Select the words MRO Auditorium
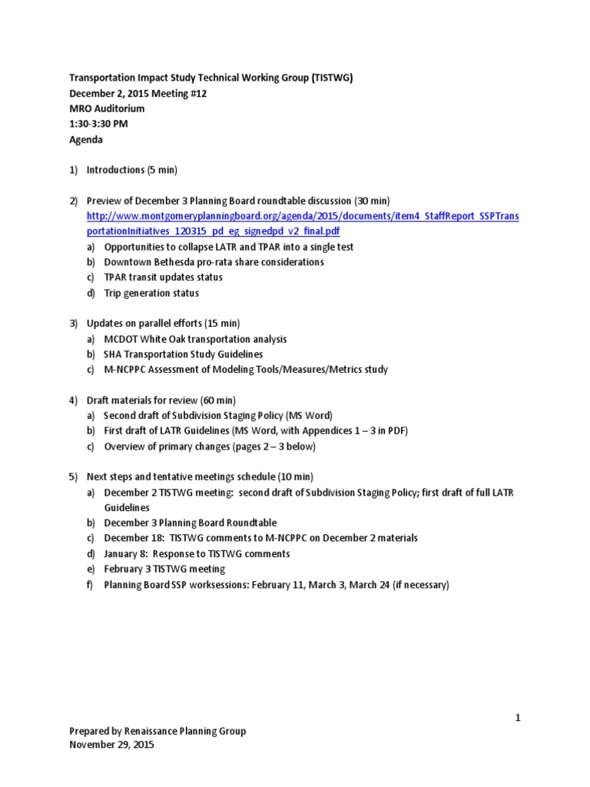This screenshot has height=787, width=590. tap(107, 109)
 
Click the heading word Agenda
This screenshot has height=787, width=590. tap(86, 141)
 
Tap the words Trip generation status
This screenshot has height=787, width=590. tap(151, 293)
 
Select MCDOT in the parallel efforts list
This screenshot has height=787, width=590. tap(121, 338)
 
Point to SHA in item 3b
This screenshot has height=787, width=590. tap(114, 354)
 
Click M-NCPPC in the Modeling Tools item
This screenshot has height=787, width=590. tap(128, 370)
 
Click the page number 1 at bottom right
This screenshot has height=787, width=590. tap(519, 718)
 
